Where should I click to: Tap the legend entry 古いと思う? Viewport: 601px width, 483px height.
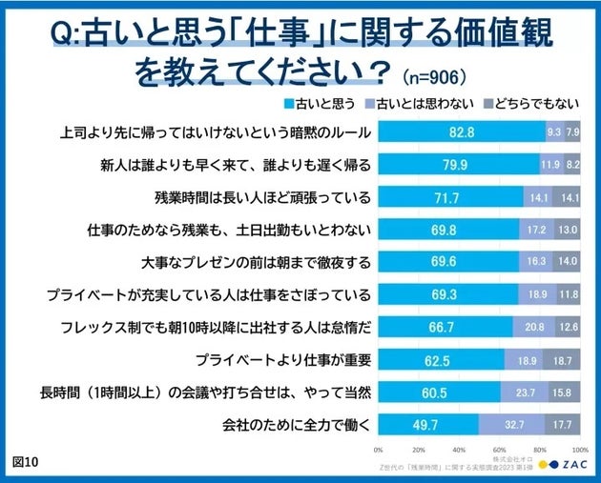pos(324,104)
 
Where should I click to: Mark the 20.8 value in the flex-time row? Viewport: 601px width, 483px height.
pos(534,326)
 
